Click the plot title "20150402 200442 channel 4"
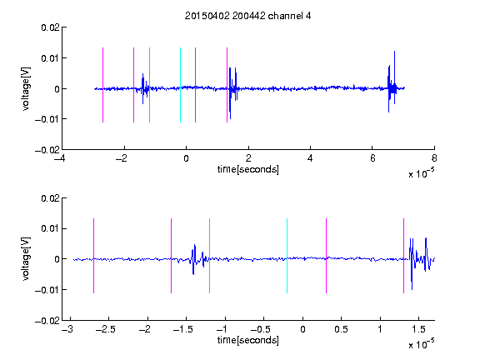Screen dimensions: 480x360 coord(247,16)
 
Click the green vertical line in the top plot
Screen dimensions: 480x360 coord(149,85)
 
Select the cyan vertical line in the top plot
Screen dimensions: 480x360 coord(180,85)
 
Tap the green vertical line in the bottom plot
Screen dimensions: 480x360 coord(209,256)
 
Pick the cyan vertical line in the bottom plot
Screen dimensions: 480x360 coord(287,256)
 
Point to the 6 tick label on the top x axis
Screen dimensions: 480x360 coord(372,158)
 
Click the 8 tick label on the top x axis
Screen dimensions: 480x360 coord(434,158)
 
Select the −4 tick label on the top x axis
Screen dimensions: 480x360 coord(59,158)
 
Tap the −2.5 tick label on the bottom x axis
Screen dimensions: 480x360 coord(106,329)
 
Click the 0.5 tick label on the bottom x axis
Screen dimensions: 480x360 coord(341,329)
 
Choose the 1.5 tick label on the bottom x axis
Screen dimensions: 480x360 coord(418,329)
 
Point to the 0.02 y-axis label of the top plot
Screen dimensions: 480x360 coord(50,27)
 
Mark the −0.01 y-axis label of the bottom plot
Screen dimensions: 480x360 coord(47,290)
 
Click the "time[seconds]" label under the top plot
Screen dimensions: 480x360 coord(248,169)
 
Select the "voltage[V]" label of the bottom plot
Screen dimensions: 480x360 coord(26,258)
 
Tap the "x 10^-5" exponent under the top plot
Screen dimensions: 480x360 coord(421,173)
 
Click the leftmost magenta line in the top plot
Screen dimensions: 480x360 coord(102,85)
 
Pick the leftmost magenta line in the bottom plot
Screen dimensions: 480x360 coord(93,256)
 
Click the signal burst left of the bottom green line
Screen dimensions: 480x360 coord(198,259)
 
